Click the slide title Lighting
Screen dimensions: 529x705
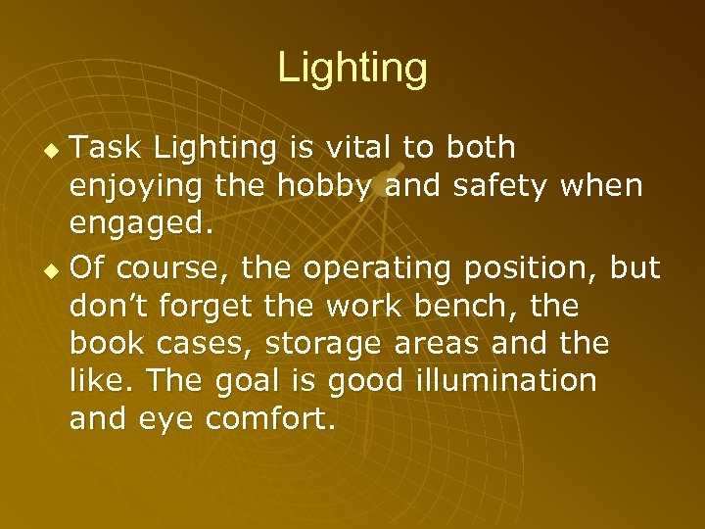coord(352,69)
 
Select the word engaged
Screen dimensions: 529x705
coord(140,224)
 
